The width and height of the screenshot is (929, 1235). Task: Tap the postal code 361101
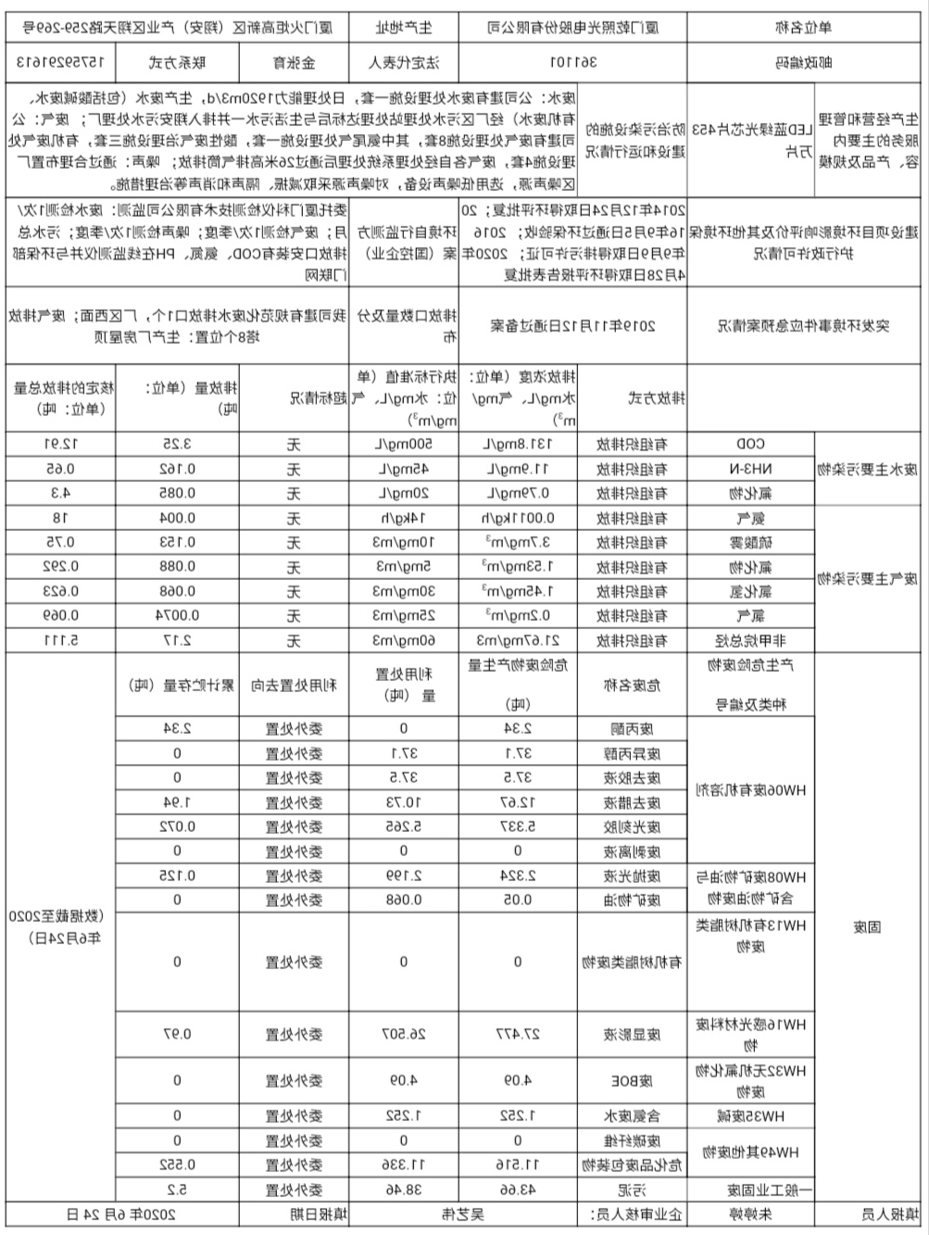[x=575, y=63]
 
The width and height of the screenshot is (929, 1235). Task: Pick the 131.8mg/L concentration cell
[x=518, y=444]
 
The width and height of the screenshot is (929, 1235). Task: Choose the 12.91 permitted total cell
[x=60, y=444]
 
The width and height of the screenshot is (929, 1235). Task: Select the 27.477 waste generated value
[x=518, y=1033]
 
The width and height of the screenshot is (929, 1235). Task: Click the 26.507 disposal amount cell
[x=404, y=1033]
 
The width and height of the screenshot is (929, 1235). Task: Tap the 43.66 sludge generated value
[x=518, y=1188]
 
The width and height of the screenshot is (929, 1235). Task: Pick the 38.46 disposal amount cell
[x=404, y=1188]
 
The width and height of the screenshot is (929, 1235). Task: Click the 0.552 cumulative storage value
[x=177, y=1164]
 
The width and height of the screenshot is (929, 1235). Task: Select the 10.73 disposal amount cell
[x=404, y=801]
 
